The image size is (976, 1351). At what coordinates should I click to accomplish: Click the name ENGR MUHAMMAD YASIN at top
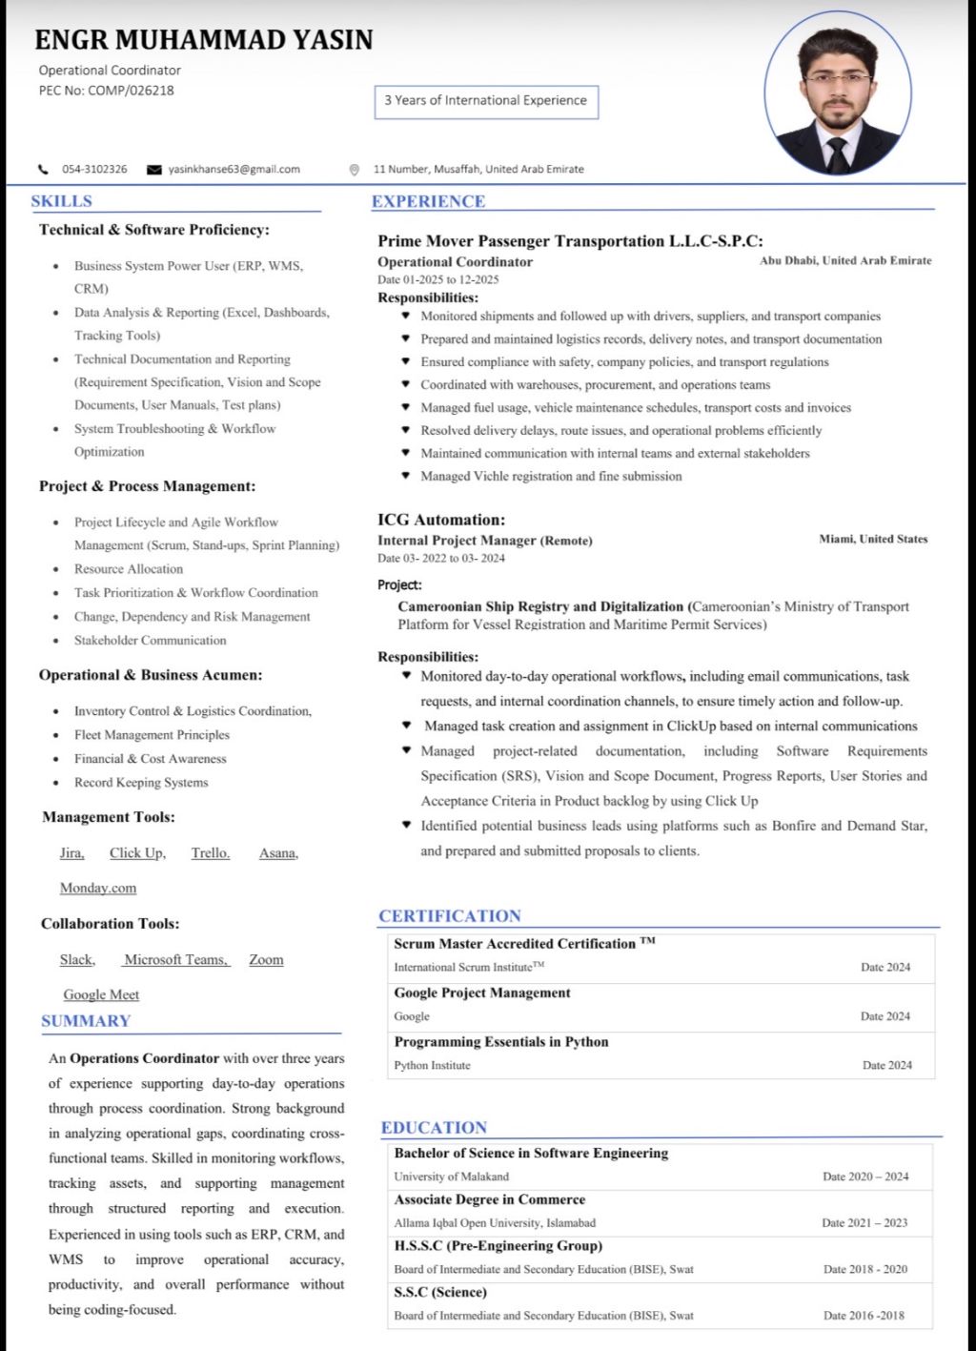click(x=203, y=40)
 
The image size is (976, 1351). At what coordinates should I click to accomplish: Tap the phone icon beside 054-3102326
click(x=43, y=170)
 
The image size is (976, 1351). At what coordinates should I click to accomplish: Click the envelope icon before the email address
click(x=153, y=170)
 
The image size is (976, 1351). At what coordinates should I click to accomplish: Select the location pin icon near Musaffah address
click(x=355, y=170)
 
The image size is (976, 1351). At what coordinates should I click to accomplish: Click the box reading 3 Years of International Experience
click(x=486, y=100)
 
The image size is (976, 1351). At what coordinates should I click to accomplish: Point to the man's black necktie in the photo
click(x=838, y=154)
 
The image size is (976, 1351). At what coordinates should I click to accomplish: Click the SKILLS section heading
click(x=61, y=201)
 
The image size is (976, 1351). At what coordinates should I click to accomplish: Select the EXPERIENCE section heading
click(x=428, y=201)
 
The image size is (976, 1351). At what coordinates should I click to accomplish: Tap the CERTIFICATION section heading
click(x=449, y=916)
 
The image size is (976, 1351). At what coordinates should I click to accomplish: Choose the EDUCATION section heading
click(x=434, y=1128)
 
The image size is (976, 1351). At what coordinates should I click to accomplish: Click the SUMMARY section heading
click(x=86, y=1021)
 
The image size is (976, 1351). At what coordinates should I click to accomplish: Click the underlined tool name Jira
click(x=71, y=853)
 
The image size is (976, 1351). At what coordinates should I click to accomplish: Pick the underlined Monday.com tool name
click(x=98, y=889)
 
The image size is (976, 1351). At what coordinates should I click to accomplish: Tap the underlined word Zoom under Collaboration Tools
click(x=266, y=960)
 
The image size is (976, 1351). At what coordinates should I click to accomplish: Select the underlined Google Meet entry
click(x=101, y=995)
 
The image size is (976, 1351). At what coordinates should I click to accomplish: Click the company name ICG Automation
click(x=440, y=520)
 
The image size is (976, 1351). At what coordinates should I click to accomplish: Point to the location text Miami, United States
click(x=873, y=540)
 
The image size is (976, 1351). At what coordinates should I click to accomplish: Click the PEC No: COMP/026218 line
click(x=106, y=91)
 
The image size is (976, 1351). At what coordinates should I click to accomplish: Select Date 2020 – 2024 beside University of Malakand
click(x=865, y=1177)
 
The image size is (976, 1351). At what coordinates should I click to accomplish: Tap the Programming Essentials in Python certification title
click(x=500, y=1042)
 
